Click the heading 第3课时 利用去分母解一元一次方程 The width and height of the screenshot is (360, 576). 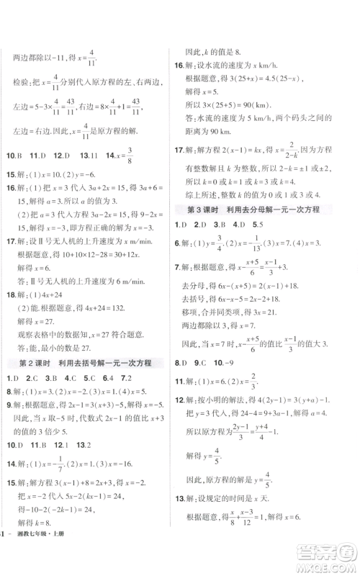point(260,210)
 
